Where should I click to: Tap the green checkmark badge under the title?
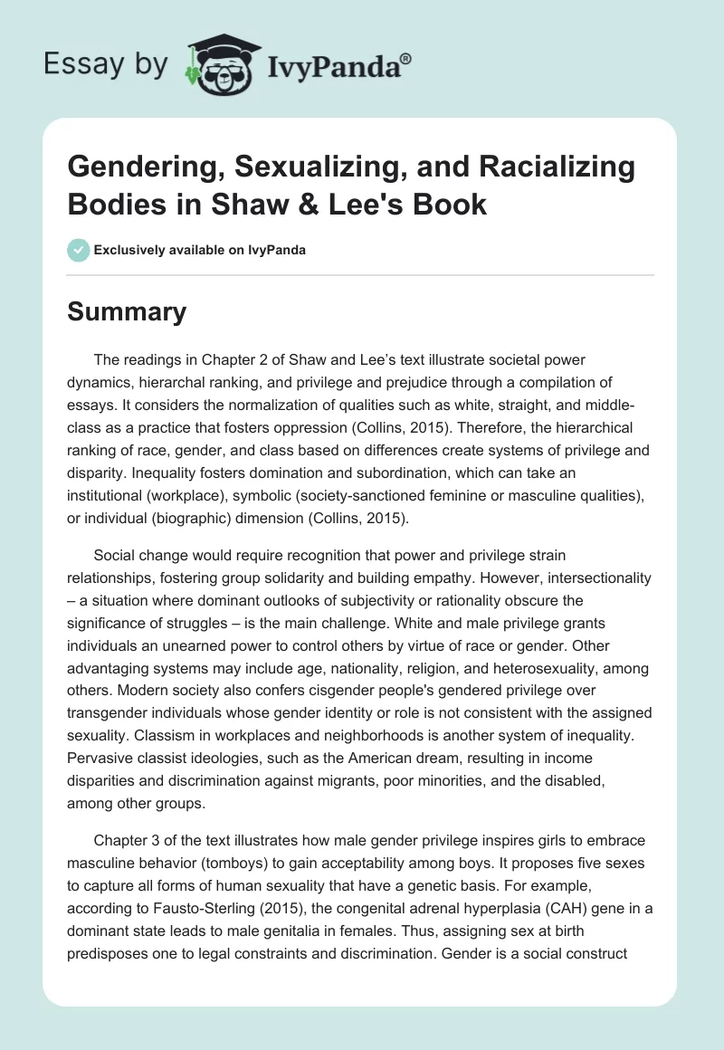coord(79,250)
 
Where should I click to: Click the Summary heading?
coord(128,312)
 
